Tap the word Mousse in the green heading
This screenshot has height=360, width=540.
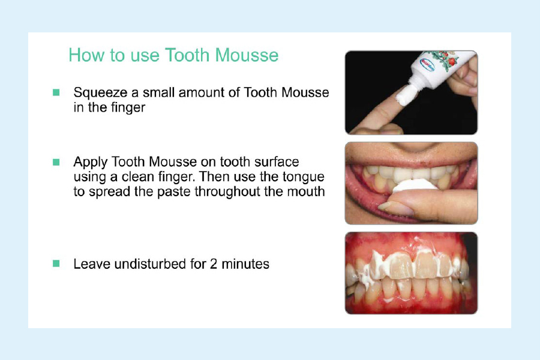[x=247, y=55]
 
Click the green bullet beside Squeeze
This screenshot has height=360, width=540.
[x=56, y=92]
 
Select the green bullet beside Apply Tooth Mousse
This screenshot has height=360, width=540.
[x=56, y=162]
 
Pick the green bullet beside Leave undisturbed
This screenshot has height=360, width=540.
[x=56, y=264]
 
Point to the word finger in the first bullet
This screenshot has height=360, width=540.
[x=127, y=108]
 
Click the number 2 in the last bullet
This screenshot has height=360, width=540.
[x=214, y=264]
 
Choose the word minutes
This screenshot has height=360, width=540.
[x=245, y=264]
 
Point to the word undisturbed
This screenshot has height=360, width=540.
[x=150, y=264]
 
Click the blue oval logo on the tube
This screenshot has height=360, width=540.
[x=428, y=64]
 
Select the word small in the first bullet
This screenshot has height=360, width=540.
[x=159, y=92]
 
